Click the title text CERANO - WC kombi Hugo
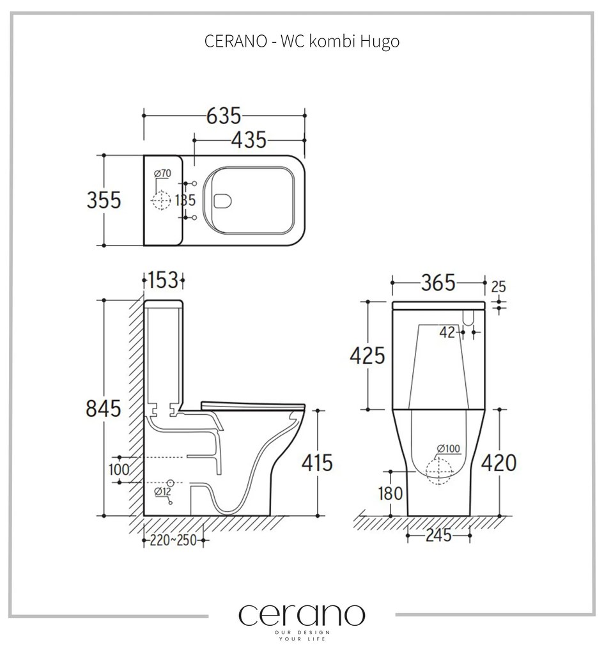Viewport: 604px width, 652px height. (x=302, y=42)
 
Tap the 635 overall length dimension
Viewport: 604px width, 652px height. (x=224, y=116)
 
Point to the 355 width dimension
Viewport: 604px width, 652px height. (x=104, y=200)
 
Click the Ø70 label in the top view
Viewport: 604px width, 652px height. (x=162, y=174)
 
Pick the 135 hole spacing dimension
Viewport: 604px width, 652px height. (x=185, y=200)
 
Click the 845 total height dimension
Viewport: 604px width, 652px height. (x=104, y=407)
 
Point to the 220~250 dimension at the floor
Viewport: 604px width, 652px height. (x=173, y=540)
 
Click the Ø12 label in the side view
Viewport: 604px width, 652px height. (x=162, y=492)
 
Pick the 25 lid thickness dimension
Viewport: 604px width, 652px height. (x=498, y=287)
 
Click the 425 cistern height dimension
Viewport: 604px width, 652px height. (x=367, y=355)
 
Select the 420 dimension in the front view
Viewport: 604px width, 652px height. (x=499, y=462)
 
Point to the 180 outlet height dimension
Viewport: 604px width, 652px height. (x=390, y=493)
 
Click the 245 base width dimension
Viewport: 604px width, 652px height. (x=438, y=536)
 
